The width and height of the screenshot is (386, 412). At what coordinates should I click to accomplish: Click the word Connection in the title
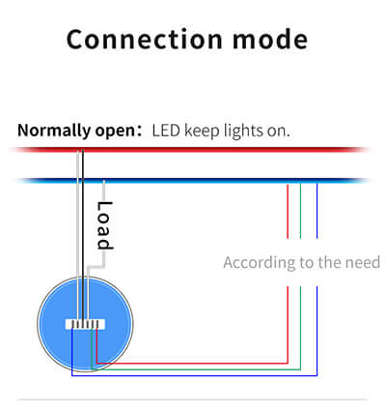145,40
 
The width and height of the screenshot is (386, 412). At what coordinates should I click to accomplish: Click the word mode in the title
270,40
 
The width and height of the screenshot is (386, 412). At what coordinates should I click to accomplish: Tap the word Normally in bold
54,131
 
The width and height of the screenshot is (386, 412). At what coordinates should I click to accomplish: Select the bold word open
115,132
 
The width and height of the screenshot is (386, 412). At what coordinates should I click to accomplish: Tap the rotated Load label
104,225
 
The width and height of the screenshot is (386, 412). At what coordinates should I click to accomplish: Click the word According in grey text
260,263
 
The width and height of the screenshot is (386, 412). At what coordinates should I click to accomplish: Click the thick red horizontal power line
190,150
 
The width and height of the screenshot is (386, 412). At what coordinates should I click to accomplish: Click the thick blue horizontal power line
191,180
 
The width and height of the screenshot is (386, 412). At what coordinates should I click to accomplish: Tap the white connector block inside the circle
85,324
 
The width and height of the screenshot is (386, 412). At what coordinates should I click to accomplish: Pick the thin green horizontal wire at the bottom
196,369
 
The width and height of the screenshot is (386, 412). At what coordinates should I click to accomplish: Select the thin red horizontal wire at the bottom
192,364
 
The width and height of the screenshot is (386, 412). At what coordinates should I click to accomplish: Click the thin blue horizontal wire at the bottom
195,375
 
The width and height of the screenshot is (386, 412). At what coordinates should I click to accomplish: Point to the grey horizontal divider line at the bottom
192,399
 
